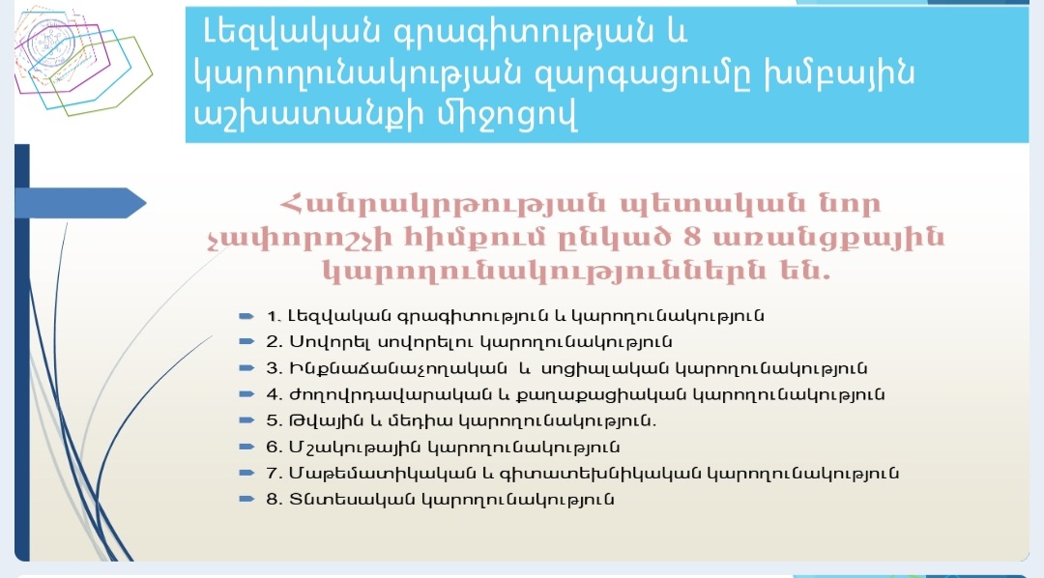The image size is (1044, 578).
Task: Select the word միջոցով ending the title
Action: (x=506, y=114)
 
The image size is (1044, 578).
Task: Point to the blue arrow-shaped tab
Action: (x=80, y=203)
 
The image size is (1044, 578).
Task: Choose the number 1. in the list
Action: (x=274, y=316)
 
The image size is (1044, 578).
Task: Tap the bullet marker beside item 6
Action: (x=246, y=447)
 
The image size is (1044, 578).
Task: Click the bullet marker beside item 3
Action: (x=246, y=368)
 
